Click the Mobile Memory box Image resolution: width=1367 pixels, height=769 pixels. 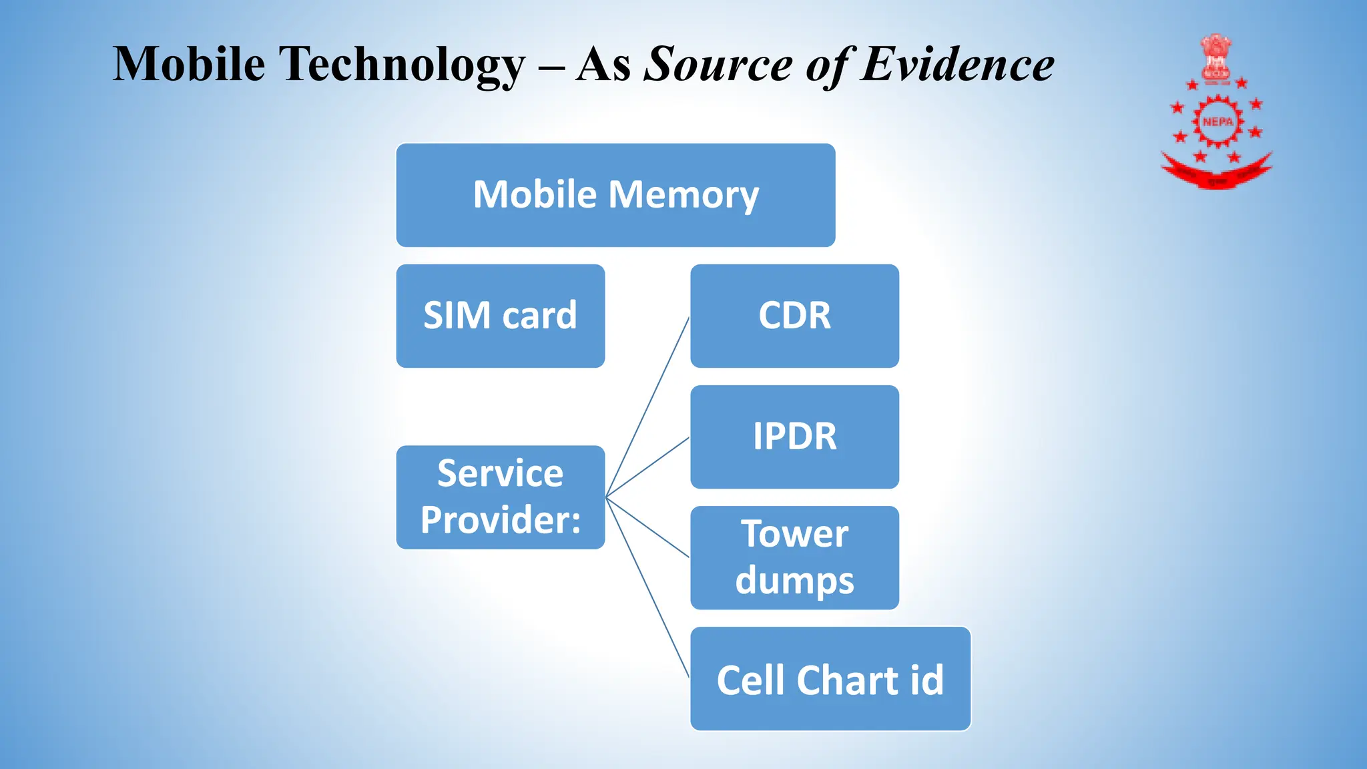[615, 195]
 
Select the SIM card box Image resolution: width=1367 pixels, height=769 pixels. [500, 316]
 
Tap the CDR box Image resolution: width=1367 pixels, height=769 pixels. [794, 316]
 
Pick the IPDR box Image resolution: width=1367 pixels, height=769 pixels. [794, 437]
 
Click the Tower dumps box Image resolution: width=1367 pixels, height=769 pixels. [794, 557]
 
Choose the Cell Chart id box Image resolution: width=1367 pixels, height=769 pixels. [830, 679]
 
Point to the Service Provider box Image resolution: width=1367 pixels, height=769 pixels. [500, 497]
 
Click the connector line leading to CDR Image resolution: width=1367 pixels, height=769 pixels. [647, 407]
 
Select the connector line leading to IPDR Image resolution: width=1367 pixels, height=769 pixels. [647, 467]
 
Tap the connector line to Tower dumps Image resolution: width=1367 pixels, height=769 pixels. [647, 527]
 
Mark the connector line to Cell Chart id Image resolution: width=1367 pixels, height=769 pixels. [647, 588]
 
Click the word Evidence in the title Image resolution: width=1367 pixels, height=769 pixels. [956, 65]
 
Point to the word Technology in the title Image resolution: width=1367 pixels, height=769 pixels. [402, 65]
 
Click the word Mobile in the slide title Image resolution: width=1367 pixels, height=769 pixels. [189, 65]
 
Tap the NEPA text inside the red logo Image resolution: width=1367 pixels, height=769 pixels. [1217, 121]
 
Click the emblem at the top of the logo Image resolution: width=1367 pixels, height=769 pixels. [1216, 57]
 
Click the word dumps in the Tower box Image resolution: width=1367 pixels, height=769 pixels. [794, 580]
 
